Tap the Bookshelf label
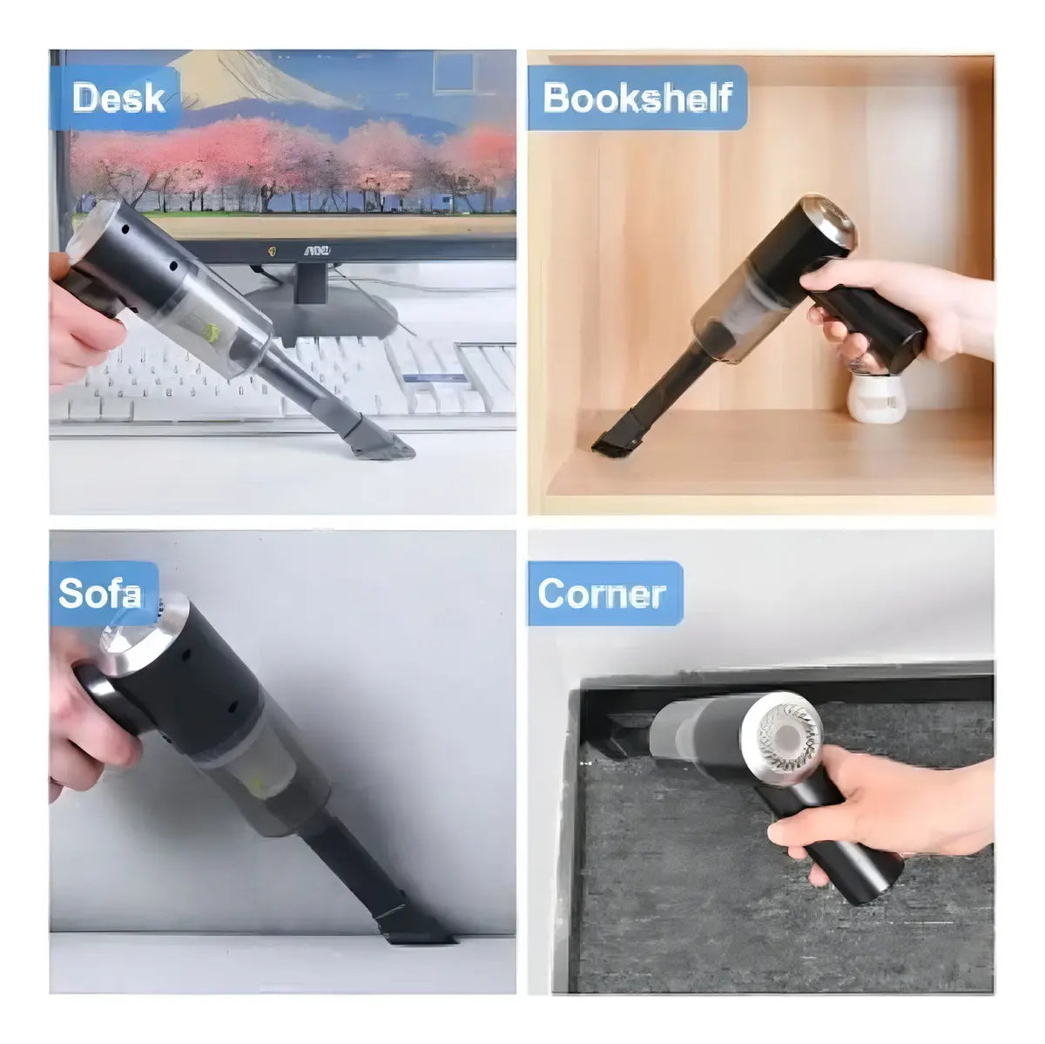[x=637, y=98]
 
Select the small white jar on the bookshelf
[x=876, y=397]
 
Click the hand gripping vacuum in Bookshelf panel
[x=895, y=309]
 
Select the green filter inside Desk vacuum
[x=212, y=330]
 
